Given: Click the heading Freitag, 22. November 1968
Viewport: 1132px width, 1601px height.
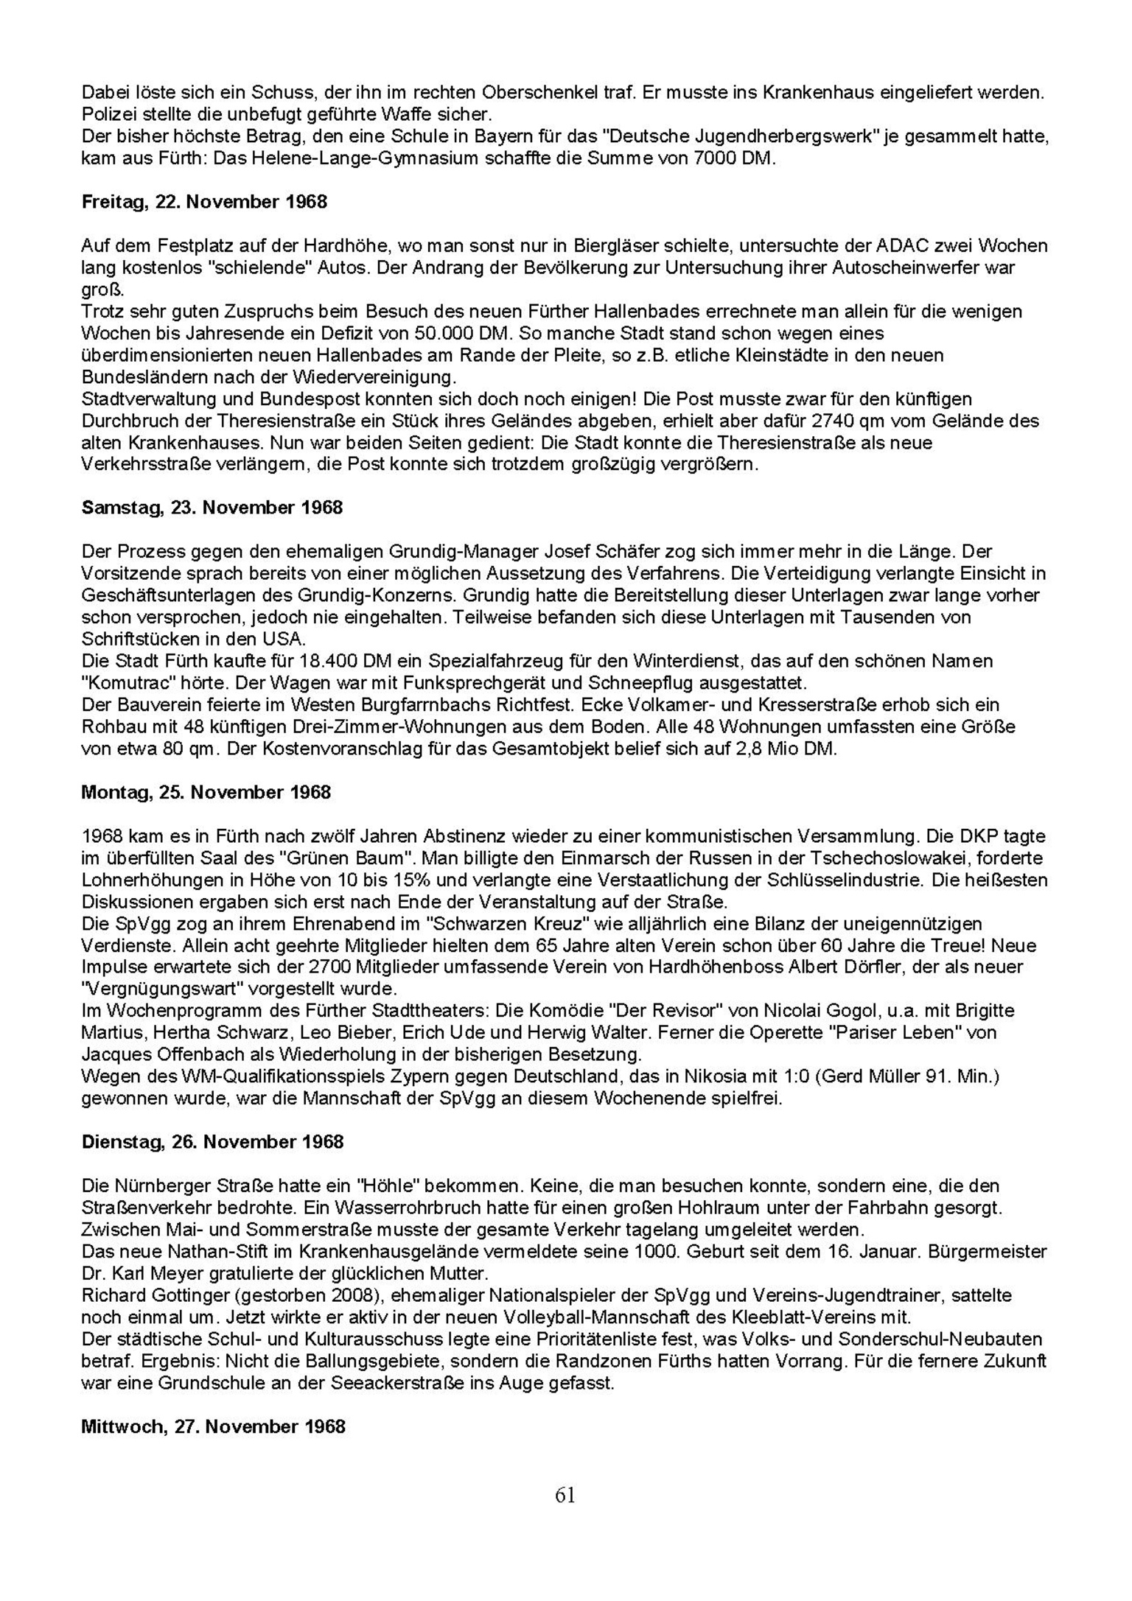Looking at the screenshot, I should click(204, 202).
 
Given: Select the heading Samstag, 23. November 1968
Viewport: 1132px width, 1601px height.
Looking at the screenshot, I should click(212, 508).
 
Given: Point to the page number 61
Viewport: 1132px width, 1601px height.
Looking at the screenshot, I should click(565, 1496).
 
